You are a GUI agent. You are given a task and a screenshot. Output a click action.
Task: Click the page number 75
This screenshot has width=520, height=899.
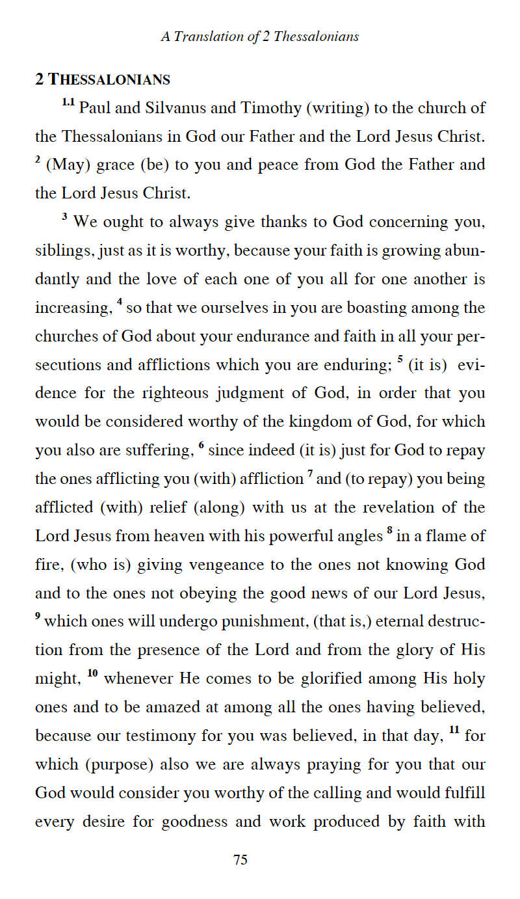click(240, 860)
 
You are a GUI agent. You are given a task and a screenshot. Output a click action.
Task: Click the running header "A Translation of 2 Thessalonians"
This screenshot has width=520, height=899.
click(260, 36)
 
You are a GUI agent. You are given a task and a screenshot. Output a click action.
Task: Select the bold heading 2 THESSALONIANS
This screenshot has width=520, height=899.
click(103, 80)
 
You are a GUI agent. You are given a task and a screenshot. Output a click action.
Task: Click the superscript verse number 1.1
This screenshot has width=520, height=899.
click(69, 103)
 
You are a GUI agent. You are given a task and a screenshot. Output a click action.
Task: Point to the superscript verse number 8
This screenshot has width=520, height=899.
click(389, 531)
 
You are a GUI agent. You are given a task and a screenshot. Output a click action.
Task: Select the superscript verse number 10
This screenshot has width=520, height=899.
click(92, 673)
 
